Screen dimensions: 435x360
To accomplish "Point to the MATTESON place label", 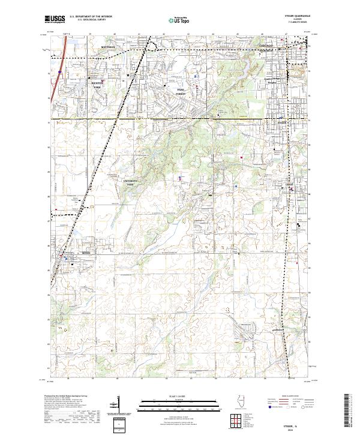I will pos(107,46).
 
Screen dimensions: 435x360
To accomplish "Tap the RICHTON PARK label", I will pos(97,85).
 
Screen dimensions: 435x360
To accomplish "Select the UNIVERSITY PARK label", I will pos(131,182).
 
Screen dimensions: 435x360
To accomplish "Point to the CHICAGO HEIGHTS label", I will pos(267,47).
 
